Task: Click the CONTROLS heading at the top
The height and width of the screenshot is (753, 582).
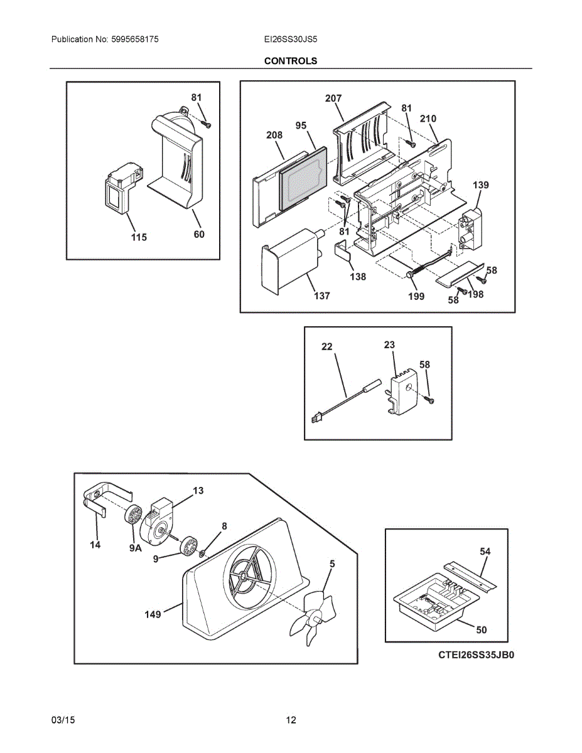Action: pyautogui.click(x=290, y=61)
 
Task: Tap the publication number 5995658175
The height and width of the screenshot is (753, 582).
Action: pyautogui.click(x=134, y=39)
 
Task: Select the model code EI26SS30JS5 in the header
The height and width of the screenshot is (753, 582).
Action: pyautogui.click(x=290, y=39)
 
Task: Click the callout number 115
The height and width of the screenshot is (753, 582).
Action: pyautogui.click(x=139, y=237)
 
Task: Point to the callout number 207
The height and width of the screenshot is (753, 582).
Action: pyautogui.click(x=333, y=99)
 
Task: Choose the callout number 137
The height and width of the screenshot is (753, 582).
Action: pyautogui.click(x=321, y=296)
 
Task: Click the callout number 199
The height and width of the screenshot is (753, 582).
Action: pyautogui.click(x=416, y=296)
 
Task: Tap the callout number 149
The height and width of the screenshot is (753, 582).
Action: pyautogui.click(x=153, y=614)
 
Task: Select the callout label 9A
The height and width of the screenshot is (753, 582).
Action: pyautogui.click(x=136, y=548)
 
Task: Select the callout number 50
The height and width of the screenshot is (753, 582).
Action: pyautogui.click(x=482, y=629)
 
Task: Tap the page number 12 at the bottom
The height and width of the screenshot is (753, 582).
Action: pyautogui.click(x=291, y=720)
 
